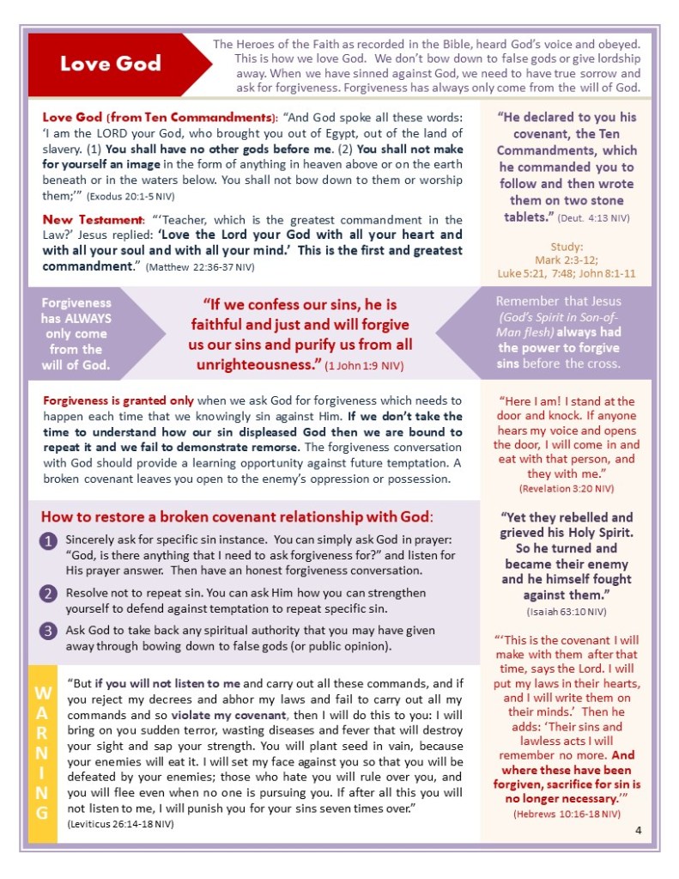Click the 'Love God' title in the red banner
(111, 64)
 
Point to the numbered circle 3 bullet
(49, 631)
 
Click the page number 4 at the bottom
(639, 829)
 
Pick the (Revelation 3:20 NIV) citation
(567, 488)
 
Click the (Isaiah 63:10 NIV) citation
(567, 611)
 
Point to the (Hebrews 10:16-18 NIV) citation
(567, 813)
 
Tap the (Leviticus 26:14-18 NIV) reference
(120, 824)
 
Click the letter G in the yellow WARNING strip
(42, 812)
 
